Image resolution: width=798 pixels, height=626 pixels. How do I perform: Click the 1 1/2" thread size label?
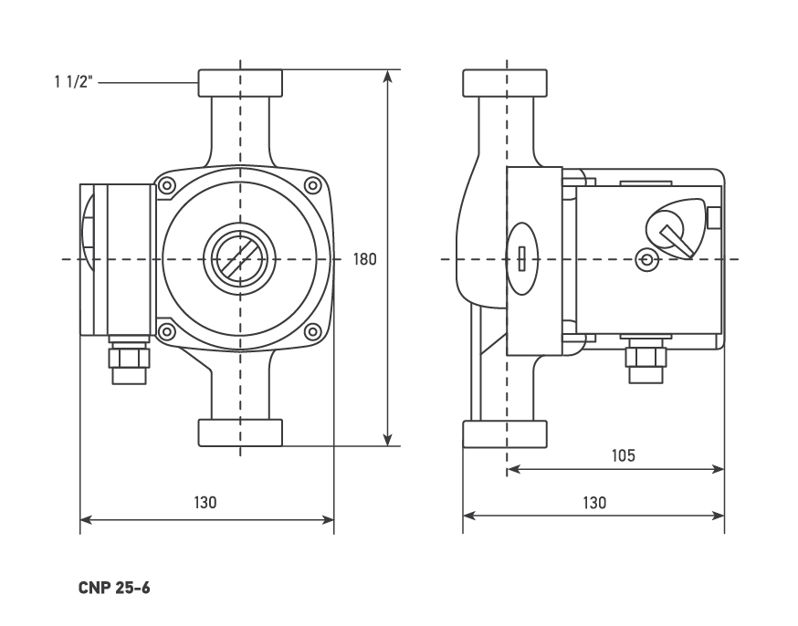click(72, 82)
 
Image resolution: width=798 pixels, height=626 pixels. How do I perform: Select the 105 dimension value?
click(623, 455)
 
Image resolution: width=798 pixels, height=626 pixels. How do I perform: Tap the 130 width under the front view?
click(205, 503)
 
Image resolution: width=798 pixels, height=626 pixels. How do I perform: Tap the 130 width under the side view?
click(593, 503)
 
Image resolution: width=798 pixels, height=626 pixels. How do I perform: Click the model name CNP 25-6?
click(114, 588)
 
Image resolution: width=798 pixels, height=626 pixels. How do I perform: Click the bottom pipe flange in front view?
click(240, 433)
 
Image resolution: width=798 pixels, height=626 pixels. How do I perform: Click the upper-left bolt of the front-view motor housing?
click(167, 186)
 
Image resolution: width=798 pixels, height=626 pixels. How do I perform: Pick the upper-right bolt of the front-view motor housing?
click(313, 186)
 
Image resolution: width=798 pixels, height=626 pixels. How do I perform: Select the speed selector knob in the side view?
click(672, 225)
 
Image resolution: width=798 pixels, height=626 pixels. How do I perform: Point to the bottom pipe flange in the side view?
click(505, 433)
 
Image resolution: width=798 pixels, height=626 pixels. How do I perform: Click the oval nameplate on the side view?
click(521, 259)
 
